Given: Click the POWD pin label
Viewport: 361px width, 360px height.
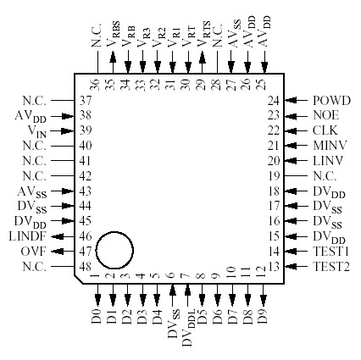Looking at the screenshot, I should pyautogui.click(x=331, y=100).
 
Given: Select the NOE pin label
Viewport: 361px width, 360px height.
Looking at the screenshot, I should pyautogui.click(x=326, y=115).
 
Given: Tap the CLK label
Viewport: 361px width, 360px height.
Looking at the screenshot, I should pyautogui.click(x=325, y=130).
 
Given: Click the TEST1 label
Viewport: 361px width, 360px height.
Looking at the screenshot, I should pyautogui.click(x=331, y=252).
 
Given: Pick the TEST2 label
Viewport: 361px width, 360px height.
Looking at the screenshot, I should pyautogui.click(x=331, y=267).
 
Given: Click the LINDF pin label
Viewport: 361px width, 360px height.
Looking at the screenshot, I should pyautogui.click(x=28, y=236).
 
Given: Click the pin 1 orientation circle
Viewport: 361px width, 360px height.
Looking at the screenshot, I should pyautogui.click(x=114, y=251).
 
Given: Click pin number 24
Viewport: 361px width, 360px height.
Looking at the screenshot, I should pyautogui.click(x=273, y=100).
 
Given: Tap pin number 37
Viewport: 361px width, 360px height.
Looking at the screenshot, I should pyautogui.click(x=86, y=100).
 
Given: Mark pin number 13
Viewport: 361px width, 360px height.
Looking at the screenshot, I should pyautogui.click(x=273, y=267).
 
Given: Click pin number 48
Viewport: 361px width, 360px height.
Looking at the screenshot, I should pyautogui.click(x=86, y=267).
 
